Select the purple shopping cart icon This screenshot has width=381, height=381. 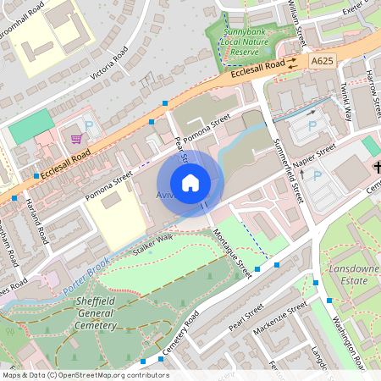tap(77, 138)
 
